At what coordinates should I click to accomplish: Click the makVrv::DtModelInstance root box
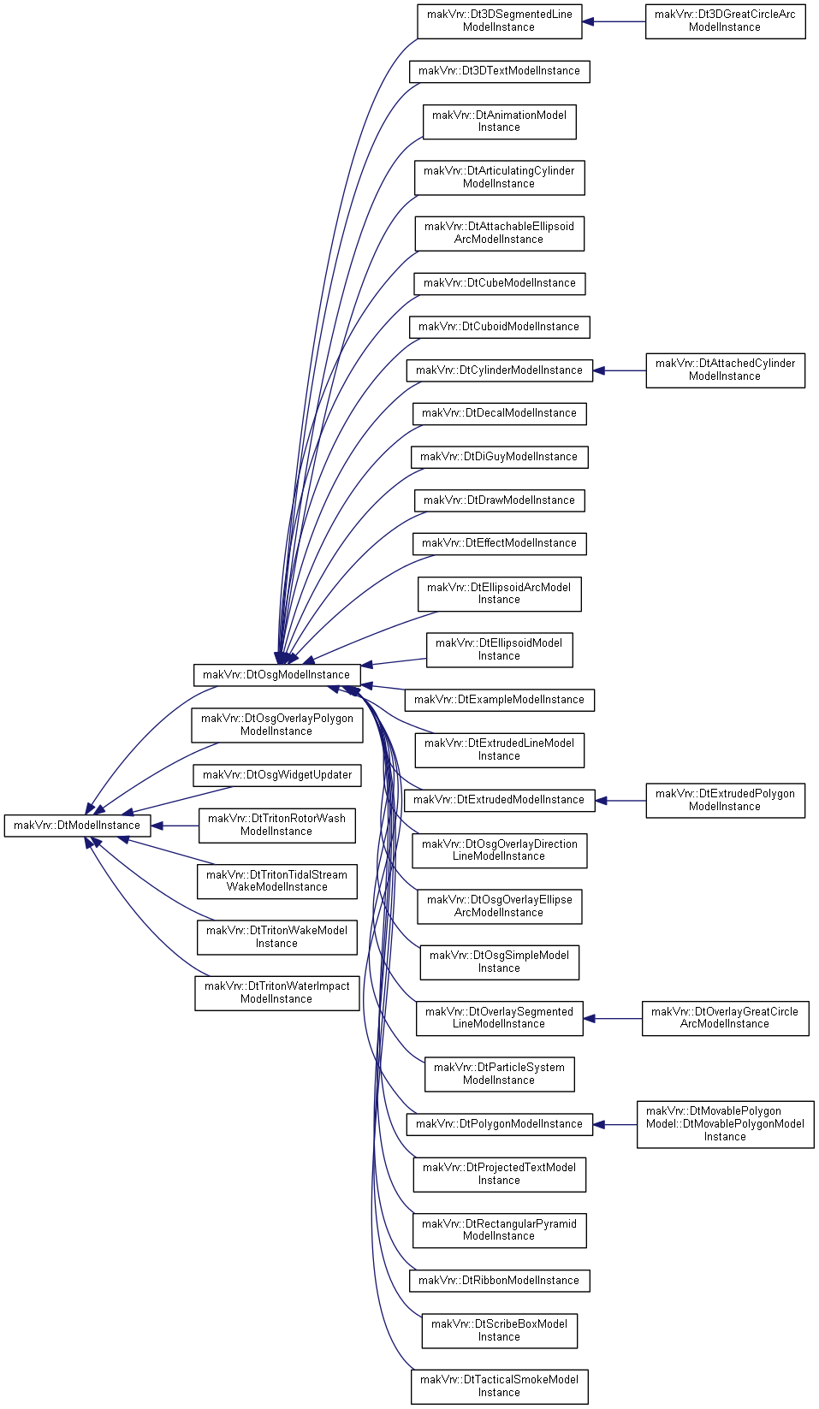(x=77, y=826)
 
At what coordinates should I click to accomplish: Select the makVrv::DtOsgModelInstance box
(x=276, y=675)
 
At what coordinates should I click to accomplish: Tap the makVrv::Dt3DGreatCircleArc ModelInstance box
(x=725, y=21)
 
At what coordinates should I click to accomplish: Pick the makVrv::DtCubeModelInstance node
(x=500, y=284)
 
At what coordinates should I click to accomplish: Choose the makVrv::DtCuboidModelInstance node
(x=500, y=327)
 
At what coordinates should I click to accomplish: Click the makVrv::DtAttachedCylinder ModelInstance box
(x=725, y=370)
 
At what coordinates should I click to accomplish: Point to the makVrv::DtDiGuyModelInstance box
(x=500, y=458)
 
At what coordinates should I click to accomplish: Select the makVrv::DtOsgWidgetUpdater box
(x=277, y=775)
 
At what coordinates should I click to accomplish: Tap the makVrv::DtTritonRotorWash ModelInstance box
(x=277, y=826)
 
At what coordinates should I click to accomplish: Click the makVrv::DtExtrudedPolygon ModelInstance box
(x=725, y=801)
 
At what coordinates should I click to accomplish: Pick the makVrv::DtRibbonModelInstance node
(x=500, y=1281)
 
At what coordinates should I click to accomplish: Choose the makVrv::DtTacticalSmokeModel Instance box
(x=500, y=1387)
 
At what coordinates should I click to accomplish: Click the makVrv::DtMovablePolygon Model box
(x=725, y=1125)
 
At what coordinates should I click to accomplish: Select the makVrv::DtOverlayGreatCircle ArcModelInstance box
(x=725, y=1018)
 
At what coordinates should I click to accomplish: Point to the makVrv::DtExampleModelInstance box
(x=500, y=700)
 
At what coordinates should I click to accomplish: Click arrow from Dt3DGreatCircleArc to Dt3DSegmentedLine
(x=614, y=21)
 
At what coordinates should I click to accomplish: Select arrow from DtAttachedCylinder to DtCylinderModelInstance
(x=620, y=370)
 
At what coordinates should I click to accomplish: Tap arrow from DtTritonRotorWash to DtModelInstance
(x=175, y=826)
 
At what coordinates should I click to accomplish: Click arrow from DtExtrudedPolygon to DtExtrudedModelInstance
(x=620, y=801)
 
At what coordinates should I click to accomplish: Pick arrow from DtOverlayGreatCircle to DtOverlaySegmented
(x=613, y=1018)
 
